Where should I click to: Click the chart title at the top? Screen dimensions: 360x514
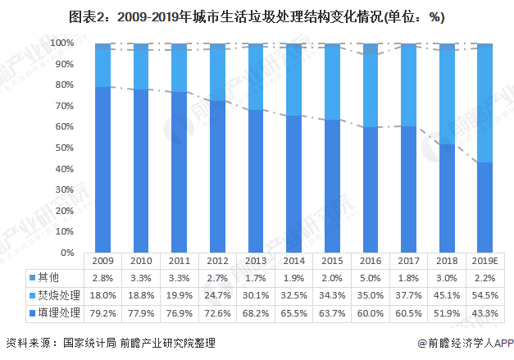click(x=257, y=17)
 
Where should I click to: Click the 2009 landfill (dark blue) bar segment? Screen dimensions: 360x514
click(x=102, y=169)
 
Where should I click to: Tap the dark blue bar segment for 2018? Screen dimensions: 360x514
click(x=448, y=198)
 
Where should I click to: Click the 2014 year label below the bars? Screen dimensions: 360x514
click(x=293, y=261)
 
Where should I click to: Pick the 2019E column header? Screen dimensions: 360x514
click(x=485, y=261)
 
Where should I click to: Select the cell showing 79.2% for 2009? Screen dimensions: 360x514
click(x=102, y=312)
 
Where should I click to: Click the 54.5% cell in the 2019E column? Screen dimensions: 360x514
click(x=485, y=295)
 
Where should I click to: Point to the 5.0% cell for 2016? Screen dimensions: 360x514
click(x=370, y=278)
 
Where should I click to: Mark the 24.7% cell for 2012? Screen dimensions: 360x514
click(x=217, y=295)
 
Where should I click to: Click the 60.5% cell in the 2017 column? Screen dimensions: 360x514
click(x=408, y=312)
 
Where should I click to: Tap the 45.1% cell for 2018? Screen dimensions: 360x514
click(x=447, y=295)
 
